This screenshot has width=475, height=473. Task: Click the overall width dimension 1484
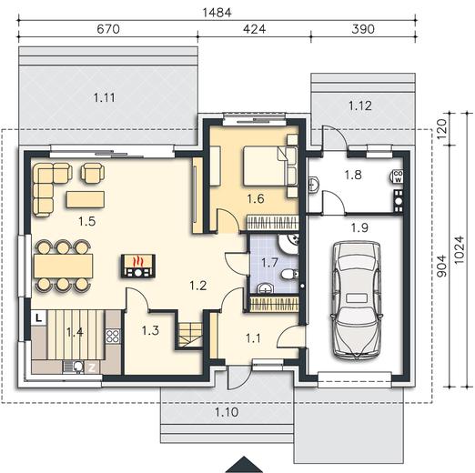pyautogui.click(x=217, y=13)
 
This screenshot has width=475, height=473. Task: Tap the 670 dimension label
pyautogui.click(x=108, y=29)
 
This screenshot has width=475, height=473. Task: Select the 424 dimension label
pyautogui.click(x=255, y=29)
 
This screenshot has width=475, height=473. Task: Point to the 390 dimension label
pyautogui.click(x=363, y=29)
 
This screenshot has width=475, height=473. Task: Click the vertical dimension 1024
pyautogui.click(x=460, y=249)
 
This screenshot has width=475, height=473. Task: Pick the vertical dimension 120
pyautogui.click(x=442, y=129)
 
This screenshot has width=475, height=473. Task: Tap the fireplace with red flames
pyautogui.click(x=138, y=266)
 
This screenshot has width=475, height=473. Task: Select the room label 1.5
pyautogui.click(x=87, y=221)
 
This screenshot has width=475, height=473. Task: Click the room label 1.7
pyautogui.click(x=269, y=263)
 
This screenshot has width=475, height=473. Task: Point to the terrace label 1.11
pyautogui.click(x=104, y=97)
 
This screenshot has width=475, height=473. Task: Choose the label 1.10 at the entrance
pyautogui.click(x=227, y=412)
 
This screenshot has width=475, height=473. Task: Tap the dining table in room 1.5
pyautogui.click(x=64, y=266)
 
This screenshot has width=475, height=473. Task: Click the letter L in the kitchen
pyautogui.click(x=39, y=318)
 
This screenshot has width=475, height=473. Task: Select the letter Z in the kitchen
pyautogui.click(x=92, y=367)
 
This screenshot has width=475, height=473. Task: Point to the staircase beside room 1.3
pyautogui.click(x=190, y=335)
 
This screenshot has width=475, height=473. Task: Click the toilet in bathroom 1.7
pyautogui.click(x=289, y=275)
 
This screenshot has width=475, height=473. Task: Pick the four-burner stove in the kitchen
pyautogui.click(x=113, y=336)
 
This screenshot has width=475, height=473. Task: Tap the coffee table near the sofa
pyautogui.click(x=86, y=199)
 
